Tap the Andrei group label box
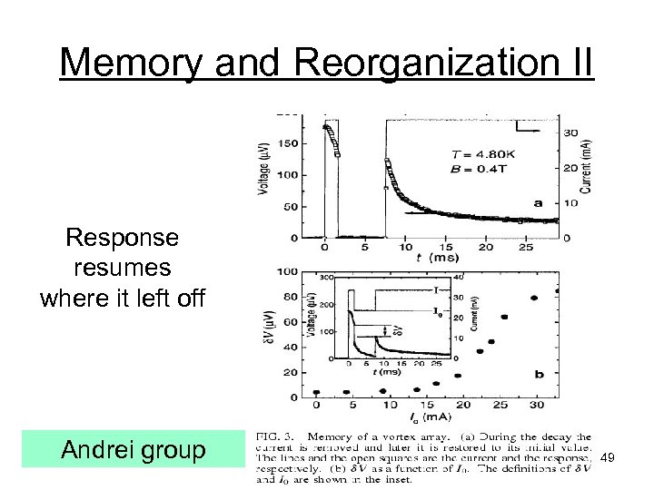coord(133,449)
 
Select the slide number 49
coord(609,460)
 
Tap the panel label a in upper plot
coord(538,203)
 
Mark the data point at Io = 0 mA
coord(317,392)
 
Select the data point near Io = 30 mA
coord(534,298)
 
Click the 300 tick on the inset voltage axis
coord(328,278)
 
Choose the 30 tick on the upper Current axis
coord(572,133)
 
